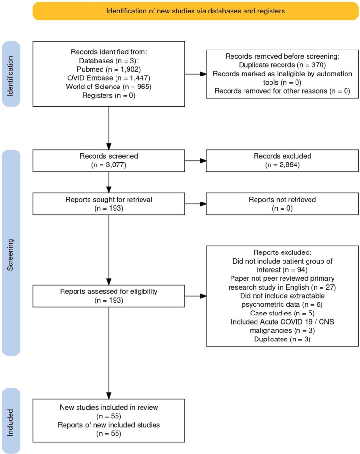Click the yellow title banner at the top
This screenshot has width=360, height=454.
coord(195,11)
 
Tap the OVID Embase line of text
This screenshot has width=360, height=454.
coord(109,78)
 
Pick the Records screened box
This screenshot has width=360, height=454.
coord(109,161)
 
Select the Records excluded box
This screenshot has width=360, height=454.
coord(283,161)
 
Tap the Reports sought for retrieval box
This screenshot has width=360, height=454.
coord(109,204)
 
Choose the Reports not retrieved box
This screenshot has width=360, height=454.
coord(283,204)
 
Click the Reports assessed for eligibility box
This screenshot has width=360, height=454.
coord(109,296)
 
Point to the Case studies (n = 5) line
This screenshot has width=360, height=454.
coord(283,313)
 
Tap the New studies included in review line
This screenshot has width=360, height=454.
coord(109,408)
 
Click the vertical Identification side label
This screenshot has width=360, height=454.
coord(10,76)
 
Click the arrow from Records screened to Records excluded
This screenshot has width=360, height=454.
coord(196,161)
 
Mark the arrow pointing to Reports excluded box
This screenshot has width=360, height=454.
coord(196,296)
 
